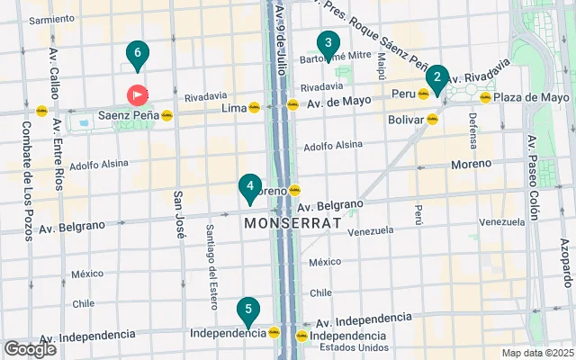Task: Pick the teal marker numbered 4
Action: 250,187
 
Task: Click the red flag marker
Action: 138,94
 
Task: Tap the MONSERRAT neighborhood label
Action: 292,222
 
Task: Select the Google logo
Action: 30,349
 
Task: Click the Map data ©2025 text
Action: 536,353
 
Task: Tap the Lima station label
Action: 233,108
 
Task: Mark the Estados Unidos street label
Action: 353,347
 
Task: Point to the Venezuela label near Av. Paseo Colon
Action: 501,221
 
